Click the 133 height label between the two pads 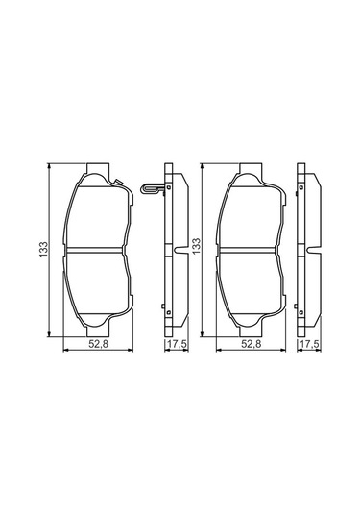(x=197, y=248)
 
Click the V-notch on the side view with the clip (x=181, y=253)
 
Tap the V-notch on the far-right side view (x=313, y=253)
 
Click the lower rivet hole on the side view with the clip (x=168, y=310)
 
